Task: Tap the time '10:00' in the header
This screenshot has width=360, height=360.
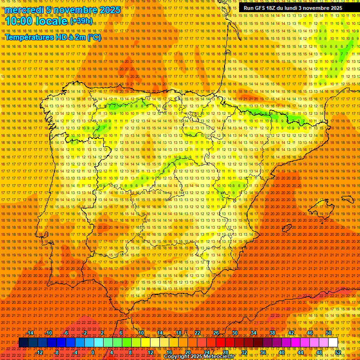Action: pyautogui.click(x=19, y=21)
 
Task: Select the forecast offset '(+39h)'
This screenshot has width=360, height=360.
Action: pyautogui.click(x=81, y=21)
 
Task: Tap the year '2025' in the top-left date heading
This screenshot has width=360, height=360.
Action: pyautogui.click(x=110, y=10)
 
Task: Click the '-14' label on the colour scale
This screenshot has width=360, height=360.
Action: pyautogui.click(x=30, y=333)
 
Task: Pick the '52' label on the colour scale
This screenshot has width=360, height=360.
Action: pyautogui.click(x=338, y=352)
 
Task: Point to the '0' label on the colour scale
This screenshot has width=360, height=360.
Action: pyautogui.click(x=93, y=352)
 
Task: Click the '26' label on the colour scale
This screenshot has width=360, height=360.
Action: pyautogui.click(x=216, y=333)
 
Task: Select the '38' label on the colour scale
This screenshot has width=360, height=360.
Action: pyautogui.click(x=272, y=333)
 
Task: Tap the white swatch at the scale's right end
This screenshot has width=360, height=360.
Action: pyautogui.click(x=333, y=343)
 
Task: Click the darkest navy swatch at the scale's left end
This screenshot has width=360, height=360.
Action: pyautogui.click(x=23, y=343)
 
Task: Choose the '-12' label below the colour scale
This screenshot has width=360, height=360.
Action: pyautogui.click(x=39, y=352)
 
